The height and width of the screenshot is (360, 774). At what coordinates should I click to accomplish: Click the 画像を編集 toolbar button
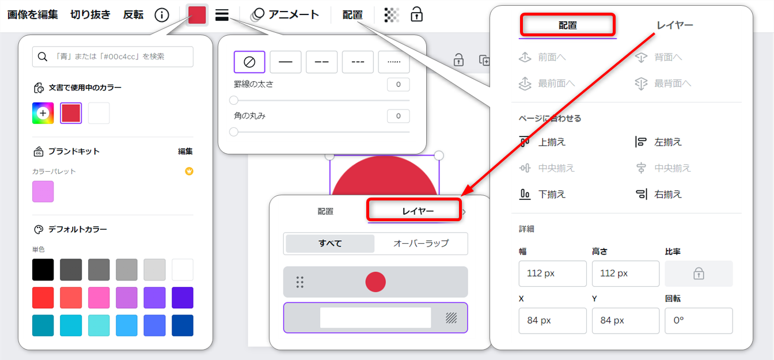32,15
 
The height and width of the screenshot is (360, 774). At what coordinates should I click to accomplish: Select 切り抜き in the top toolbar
90,15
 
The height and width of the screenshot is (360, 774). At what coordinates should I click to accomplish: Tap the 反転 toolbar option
133,15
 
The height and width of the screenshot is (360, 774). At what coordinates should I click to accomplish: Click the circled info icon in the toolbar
162,15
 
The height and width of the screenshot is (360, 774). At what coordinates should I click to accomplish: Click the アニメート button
284,15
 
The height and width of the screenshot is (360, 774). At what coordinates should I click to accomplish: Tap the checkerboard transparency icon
392,15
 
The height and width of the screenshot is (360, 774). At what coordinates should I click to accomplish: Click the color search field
113,56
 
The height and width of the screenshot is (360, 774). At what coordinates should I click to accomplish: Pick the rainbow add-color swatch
43,113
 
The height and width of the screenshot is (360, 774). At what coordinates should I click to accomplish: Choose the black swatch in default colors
43,270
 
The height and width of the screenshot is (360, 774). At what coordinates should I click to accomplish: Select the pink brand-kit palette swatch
43,191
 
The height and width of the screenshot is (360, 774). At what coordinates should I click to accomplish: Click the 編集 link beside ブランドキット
185,151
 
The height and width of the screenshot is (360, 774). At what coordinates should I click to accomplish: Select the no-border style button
249,62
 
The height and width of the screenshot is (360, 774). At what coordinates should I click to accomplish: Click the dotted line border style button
394,62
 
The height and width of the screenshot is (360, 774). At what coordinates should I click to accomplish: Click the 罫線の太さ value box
399,84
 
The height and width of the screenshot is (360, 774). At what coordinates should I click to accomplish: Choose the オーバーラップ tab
421,243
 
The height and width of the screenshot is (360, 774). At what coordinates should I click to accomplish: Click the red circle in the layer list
375,282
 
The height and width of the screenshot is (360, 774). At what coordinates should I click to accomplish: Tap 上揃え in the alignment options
542,142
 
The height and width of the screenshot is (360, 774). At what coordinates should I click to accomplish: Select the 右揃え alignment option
659,194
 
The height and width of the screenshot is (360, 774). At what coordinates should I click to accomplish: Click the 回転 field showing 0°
699,321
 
